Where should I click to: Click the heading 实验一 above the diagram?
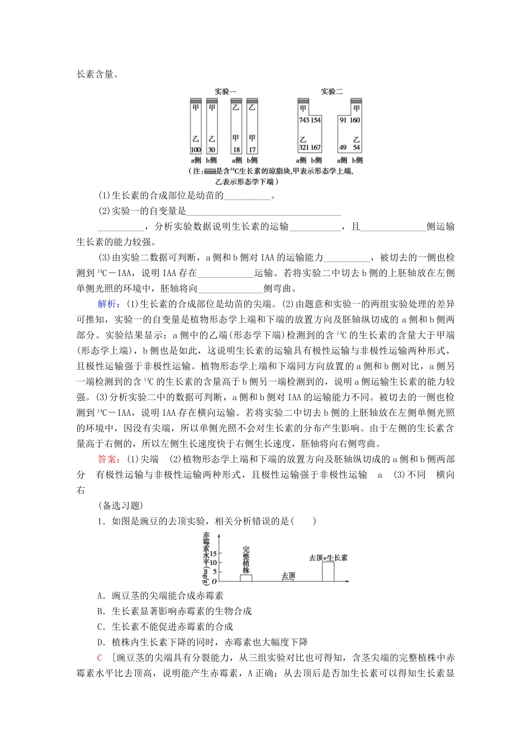(x=225, y=92)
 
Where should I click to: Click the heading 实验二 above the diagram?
(x=331, y=92)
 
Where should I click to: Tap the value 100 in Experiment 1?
(x=196, y=150)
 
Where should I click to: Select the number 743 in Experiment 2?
(x=304, y=120)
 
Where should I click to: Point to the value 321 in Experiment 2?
(x=304, y=148)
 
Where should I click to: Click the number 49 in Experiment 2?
(x=343, y=148)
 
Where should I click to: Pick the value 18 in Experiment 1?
(x=236, y=150)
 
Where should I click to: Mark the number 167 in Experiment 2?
(x=316, y=148)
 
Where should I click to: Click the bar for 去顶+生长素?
(x=328, y=571)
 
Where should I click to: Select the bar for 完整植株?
(x=246, y=578)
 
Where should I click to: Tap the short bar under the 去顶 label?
(x=288, y=580)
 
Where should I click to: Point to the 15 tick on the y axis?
(x=212, y=552)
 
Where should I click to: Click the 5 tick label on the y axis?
(x=214, y=572)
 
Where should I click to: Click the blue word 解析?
(x=107, y=304)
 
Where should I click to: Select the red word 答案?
(x=107, y=459)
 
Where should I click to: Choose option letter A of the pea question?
(x=100, y=596)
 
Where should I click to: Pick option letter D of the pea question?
(x=100, y=643)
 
